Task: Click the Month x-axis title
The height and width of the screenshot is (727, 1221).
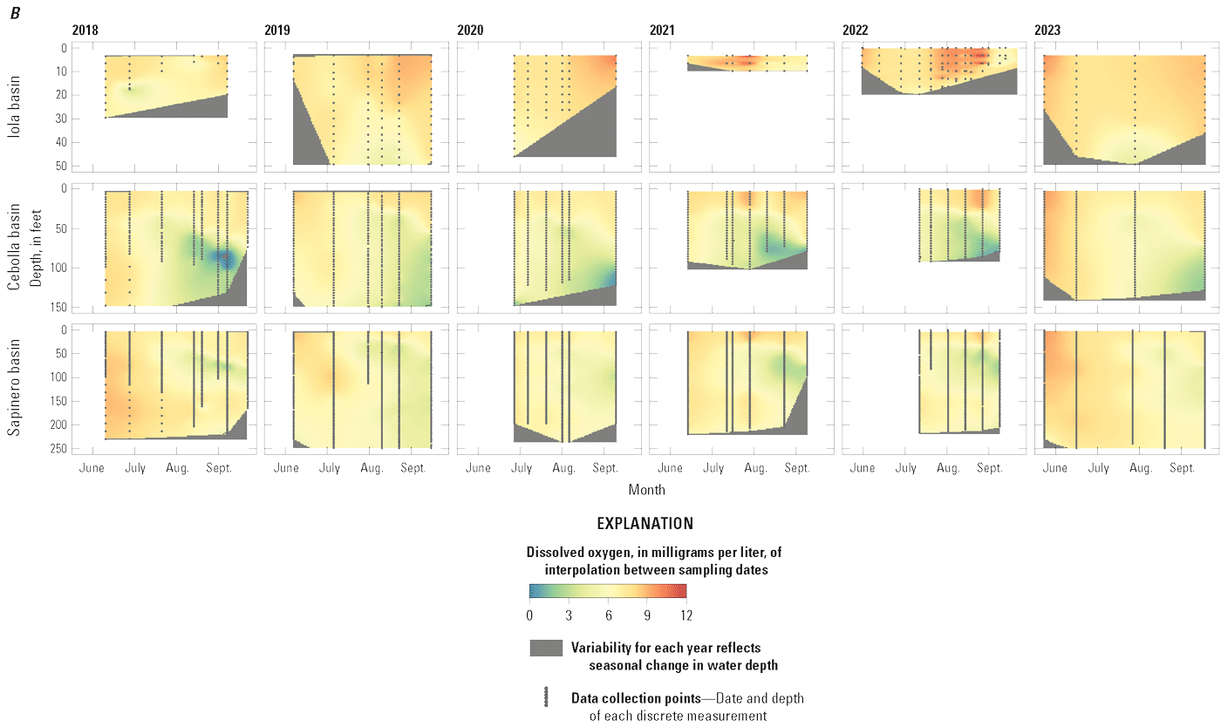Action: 645,489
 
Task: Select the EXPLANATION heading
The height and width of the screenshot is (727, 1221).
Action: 645,524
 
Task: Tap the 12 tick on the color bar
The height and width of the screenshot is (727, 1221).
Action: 686,615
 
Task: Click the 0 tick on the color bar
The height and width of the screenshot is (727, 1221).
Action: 529,615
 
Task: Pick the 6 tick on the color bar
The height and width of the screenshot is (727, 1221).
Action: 608,615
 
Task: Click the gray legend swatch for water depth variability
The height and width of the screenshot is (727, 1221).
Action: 546,648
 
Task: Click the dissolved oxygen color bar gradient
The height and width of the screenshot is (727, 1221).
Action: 608,590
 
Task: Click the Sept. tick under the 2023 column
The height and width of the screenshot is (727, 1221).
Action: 1183,468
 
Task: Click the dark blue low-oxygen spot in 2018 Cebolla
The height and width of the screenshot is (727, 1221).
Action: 225,258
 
